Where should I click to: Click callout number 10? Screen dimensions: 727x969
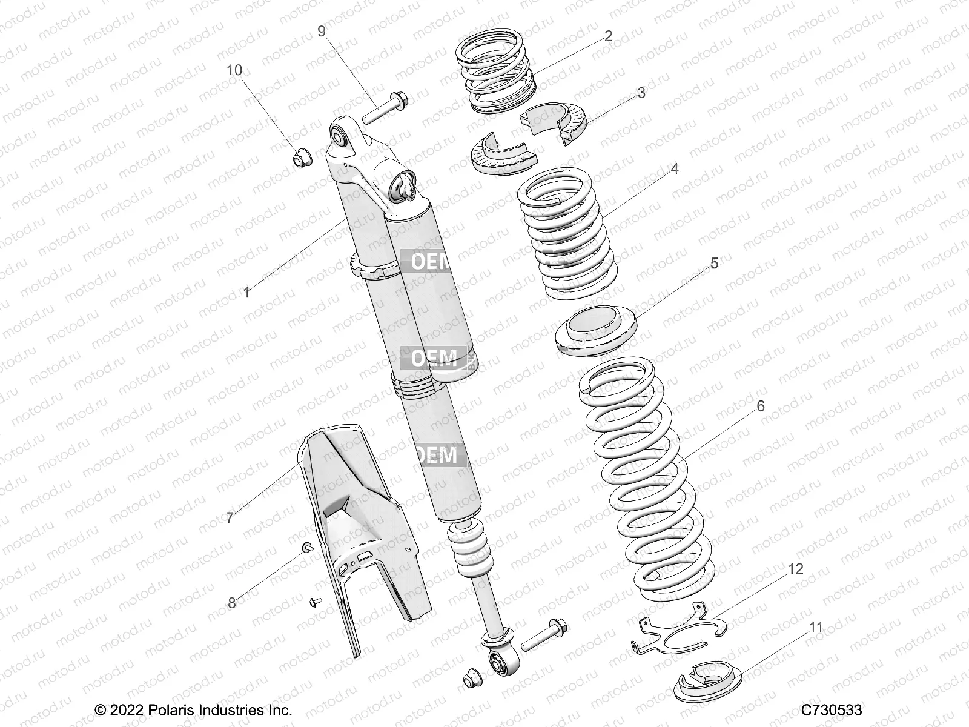[x=234, y=70]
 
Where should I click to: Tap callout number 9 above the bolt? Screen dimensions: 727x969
[x=322, y=30]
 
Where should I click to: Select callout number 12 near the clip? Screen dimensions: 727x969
[x=795, y=569]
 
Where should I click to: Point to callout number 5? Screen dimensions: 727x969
[x=714, y=263]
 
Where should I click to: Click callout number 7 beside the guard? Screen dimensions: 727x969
[x=230, y=518]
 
